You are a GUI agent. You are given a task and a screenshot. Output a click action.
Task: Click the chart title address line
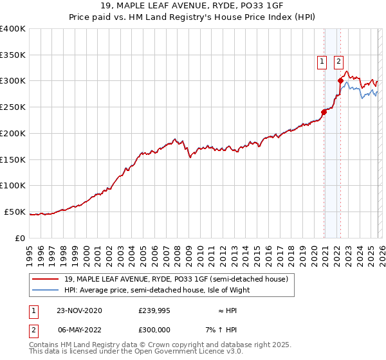pyautogui.click(x=193, y=6)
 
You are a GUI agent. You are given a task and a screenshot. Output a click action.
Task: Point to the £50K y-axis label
pyautogui.click(x=15, y=212)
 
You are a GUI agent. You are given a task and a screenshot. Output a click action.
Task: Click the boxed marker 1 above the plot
pyautogui.click(x=321, y=62)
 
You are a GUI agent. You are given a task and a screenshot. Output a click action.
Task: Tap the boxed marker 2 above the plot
pyautogui.click(x=338, y=62)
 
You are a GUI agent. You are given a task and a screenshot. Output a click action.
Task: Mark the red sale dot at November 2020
pyautogui.click(x=324, y=112)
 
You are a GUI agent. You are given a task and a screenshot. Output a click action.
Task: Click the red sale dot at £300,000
pyautogui.click(x=340, y=80)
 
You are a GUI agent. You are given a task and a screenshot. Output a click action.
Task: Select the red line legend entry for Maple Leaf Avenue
pyautogui.click(x=179, y=279)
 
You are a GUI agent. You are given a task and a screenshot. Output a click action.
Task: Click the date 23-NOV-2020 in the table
pyautogui.click(x=78, y=310)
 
